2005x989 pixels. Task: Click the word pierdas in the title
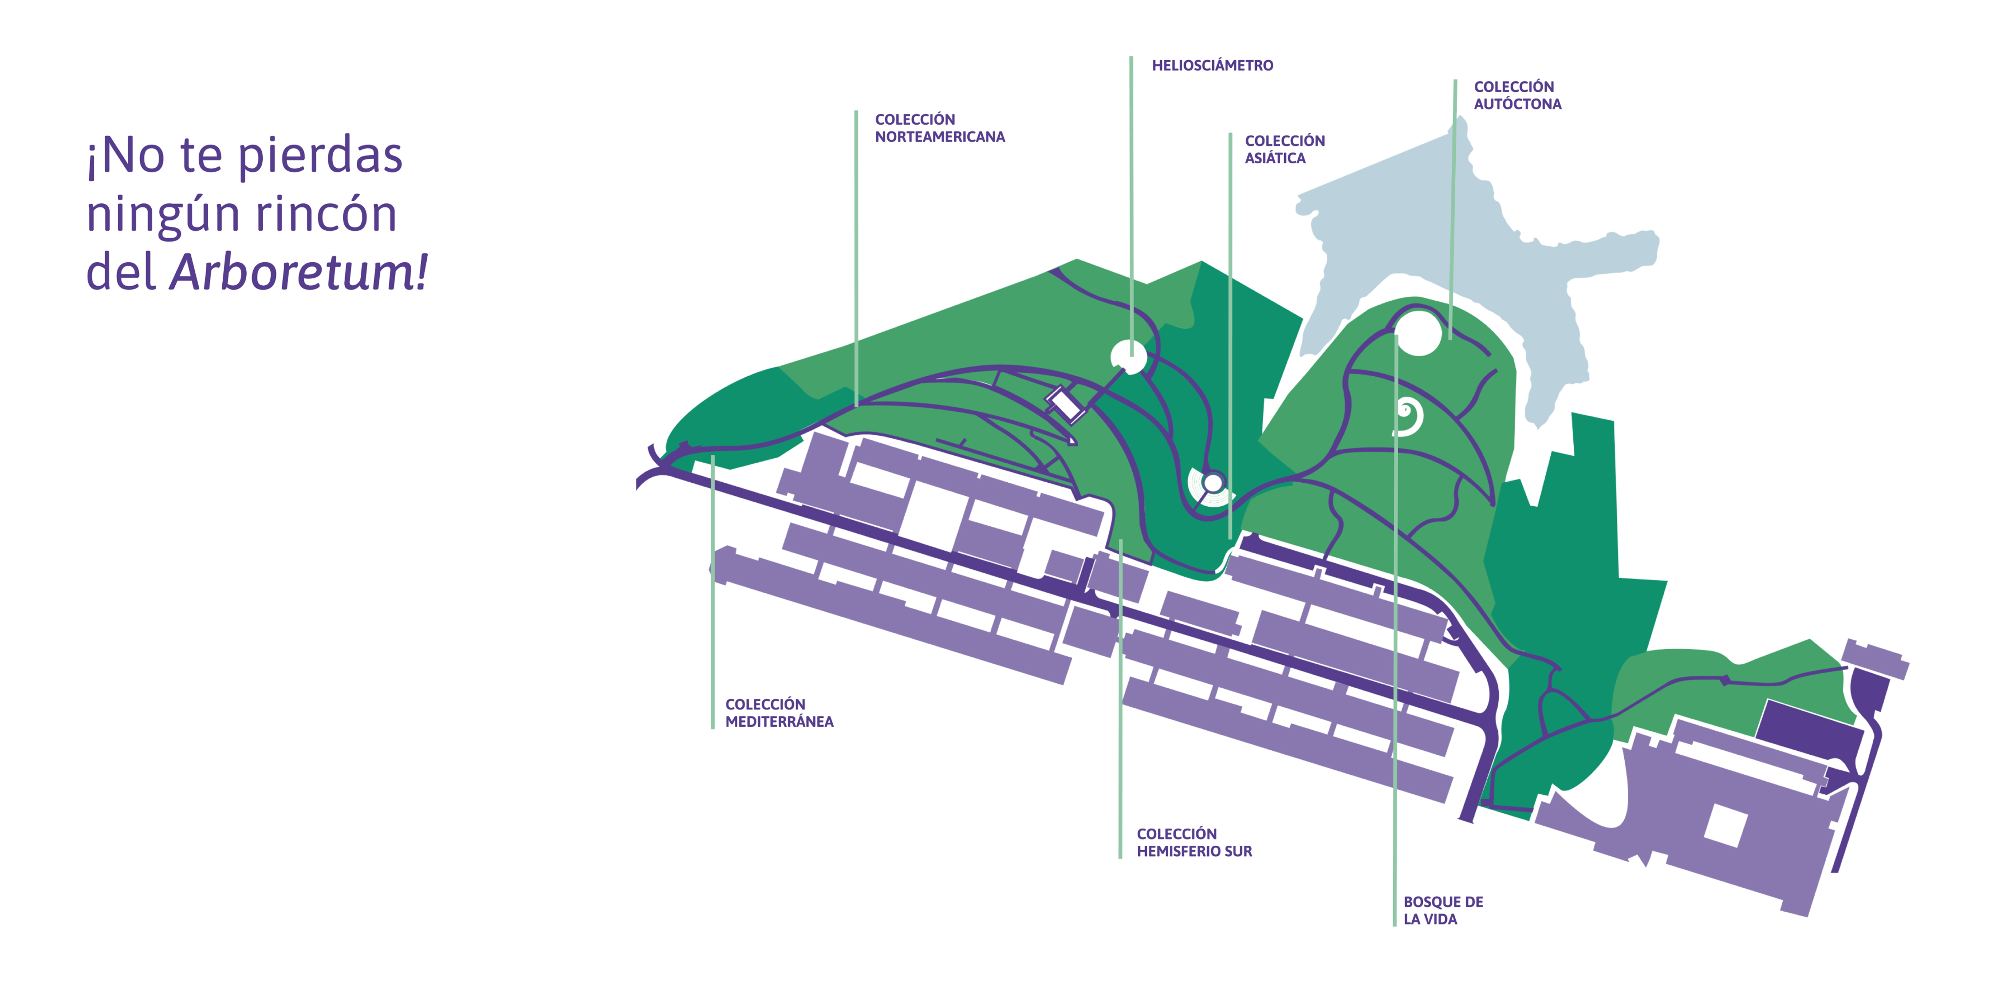tap(320, 156)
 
